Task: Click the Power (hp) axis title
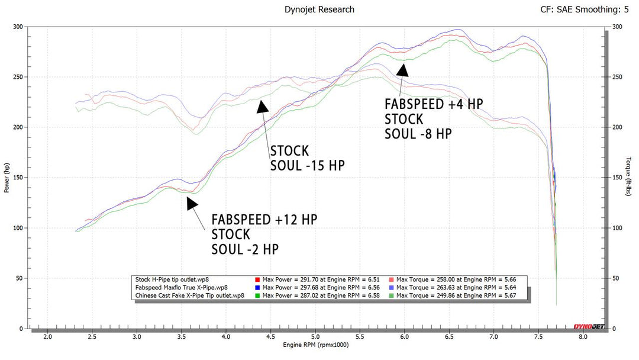7,177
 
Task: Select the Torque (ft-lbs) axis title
631,177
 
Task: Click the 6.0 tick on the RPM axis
404,336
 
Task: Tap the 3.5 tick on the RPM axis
182,336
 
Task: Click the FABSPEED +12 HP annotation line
264,219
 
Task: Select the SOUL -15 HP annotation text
307,165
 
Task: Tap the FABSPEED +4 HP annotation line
433,104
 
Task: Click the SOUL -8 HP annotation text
418,133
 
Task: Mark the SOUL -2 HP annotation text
245,249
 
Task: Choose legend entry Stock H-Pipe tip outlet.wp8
172,278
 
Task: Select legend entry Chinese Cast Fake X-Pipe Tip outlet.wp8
189,295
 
